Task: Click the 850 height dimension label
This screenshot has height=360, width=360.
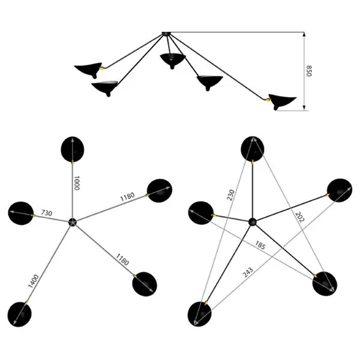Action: click(309, 71)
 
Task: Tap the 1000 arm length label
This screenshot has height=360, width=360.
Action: click(77, 183)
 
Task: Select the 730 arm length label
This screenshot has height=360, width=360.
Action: click(47, 213)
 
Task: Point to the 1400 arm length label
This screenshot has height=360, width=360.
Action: click(33, 281)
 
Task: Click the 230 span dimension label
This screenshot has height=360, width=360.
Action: click(231, 195)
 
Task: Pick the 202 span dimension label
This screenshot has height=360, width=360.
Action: click(299, 217)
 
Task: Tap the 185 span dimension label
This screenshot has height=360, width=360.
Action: click(260, 245)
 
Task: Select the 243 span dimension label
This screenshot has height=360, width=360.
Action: click(248, 272)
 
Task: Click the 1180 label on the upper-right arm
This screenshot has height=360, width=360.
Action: click(127, 197)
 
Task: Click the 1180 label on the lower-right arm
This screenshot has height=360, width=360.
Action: click(122, 259)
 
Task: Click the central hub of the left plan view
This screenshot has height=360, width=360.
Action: click(73, 222)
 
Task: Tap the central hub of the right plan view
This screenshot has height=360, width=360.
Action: click(253, 222)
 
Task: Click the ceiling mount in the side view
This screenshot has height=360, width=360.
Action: click(166, 34)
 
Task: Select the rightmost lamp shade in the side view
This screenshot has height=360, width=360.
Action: click(282, 101)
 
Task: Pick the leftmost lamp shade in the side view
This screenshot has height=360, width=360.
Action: click(88, 70)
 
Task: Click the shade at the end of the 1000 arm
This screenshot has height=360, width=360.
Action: click(73, 149)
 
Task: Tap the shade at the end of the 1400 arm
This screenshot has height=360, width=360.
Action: click(19, 314)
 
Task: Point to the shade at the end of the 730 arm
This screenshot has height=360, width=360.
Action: click(21, 213)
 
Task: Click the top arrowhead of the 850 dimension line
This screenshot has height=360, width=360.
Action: click(304, 34)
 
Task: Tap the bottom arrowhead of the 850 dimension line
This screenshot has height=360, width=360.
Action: click(304, 108)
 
